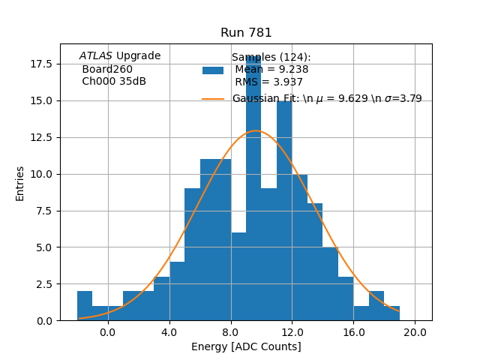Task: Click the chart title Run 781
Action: pos(246,33)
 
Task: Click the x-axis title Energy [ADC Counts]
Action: pos(246,346)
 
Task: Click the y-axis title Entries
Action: pos(20,183)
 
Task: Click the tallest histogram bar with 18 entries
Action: pos(253,187)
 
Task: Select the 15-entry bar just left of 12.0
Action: pos(284,210)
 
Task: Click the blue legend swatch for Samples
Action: pos(213,70)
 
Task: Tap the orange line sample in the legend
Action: pos(213,99)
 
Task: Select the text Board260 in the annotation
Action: pos(107,70)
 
